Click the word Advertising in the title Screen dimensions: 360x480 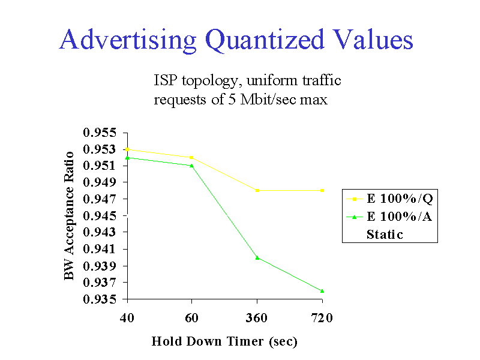coord(128,41)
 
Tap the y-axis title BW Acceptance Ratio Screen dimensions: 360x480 coord(70,215)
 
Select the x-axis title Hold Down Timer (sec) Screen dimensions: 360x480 coord(224,341)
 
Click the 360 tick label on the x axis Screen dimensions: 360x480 coord(257,317)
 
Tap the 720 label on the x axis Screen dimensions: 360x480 coord(322,317)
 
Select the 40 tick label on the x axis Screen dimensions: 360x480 coord(127,317)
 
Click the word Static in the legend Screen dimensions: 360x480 coord(385,234)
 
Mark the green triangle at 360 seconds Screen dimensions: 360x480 coord(257,257)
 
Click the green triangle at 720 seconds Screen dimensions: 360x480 coord(322,290)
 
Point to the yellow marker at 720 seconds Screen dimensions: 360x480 coord(322,190)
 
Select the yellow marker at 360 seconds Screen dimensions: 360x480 coord(257,190)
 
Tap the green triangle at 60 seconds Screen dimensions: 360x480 coord(191,165)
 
